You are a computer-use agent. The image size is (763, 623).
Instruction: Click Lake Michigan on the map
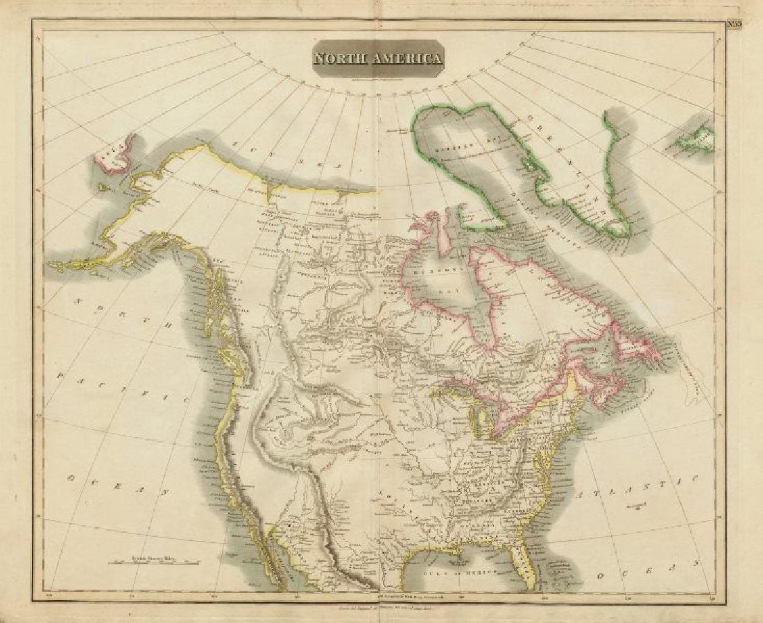[x=477, y=420]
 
